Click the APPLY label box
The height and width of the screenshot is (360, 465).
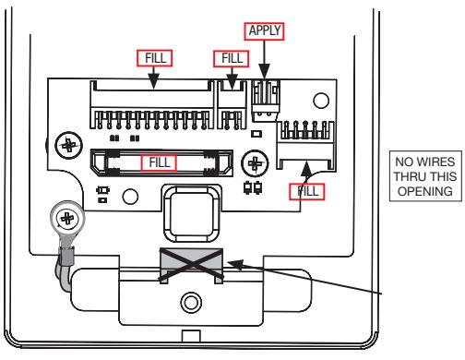click(x=264, y=31)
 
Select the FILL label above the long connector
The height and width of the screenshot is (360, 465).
click(x=154, y=58)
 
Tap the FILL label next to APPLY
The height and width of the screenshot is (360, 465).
click(x=232, y=58)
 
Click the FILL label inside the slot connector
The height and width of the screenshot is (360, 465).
click(x=159, y=162)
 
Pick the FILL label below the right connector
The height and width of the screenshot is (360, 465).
click(x=306, y=192)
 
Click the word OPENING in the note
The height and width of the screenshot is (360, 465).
click(x=425, y=191)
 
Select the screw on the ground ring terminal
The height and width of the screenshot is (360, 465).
click(x=67, y=219)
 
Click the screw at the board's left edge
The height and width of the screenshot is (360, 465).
click(x=69, y=145)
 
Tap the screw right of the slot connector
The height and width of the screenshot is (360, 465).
click(x=255, y=163)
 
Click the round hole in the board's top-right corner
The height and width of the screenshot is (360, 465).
click(x=321, y=101)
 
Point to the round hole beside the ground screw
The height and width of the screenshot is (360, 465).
click(x=130, y=197)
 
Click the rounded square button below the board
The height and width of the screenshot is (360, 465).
click(x=192, y=213)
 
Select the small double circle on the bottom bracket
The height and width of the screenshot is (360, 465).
click(x=191, y=302)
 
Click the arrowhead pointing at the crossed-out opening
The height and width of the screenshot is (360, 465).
click(x=235, y=264)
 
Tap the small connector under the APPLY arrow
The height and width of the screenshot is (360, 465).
click(x=266, y=101)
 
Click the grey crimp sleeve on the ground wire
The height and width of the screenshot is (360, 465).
click(x=67, y=257)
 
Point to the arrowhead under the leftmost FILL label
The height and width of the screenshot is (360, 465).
click(x=154, y=81)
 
